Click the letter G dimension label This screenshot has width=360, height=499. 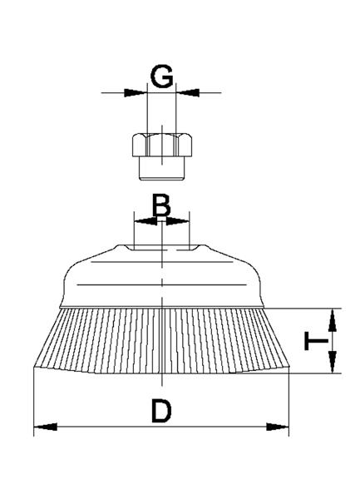[x=162, y=77]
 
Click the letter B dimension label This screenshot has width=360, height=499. [x=161, y=205]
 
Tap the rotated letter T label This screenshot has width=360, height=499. [x=316, y=341]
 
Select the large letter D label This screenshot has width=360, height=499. [x=161, y=411]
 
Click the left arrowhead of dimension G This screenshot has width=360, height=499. [x=136, y=93]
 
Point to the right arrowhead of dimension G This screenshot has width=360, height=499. [x=187, y=93]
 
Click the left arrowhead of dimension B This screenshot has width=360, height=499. [x=145, y=221]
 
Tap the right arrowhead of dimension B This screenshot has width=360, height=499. [x=178, y=221]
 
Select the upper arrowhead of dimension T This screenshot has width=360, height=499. [x=333, y=320]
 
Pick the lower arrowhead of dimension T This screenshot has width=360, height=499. [x=333, y=361]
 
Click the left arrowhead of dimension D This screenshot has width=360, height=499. [x=46, y=427]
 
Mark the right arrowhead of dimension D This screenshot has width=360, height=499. [x=278, y=427]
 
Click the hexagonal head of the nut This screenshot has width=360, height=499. [x=162, y=145]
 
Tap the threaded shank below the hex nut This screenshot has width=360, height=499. [x=162, y=169]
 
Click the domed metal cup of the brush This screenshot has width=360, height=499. [x=162, y=276]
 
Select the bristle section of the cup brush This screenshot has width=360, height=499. [x=161, y=340]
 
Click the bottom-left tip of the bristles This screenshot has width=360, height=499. [x=33, y=368]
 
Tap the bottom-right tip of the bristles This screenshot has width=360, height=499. [x=289, y=368]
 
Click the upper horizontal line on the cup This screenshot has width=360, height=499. [x=162, y=262]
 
